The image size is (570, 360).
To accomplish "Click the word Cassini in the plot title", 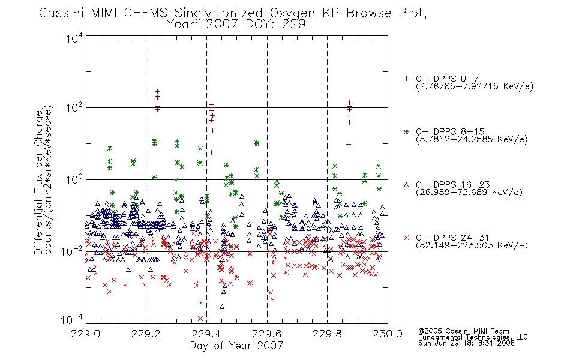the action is (62, 13).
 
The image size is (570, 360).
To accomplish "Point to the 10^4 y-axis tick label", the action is (74, 38).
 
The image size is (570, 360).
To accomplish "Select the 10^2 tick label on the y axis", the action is (74, 107).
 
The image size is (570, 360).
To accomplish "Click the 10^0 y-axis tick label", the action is (74, 179).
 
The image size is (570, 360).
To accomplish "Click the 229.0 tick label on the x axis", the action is (86, 334).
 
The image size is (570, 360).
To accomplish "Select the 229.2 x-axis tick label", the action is (146, 334).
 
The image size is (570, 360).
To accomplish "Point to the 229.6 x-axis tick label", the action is (267, 334).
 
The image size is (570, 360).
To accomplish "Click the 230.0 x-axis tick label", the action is (388, 334).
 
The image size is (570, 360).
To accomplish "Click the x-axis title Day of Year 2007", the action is (236, 346).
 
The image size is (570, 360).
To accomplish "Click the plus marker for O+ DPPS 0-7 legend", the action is (406, 79).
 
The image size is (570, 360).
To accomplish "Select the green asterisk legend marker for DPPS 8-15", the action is (406, 131).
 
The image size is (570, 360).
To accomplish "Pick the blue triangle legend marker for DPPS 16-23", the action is (406, 185).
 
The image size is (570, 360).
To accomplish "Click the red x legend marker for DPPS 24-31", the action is (406, 238).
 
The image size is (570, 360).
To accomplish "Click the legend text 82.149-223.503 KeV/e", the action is (472, 245).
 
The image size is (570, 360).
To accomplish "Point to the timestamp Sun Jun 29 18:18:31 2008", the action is (466, 343).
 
